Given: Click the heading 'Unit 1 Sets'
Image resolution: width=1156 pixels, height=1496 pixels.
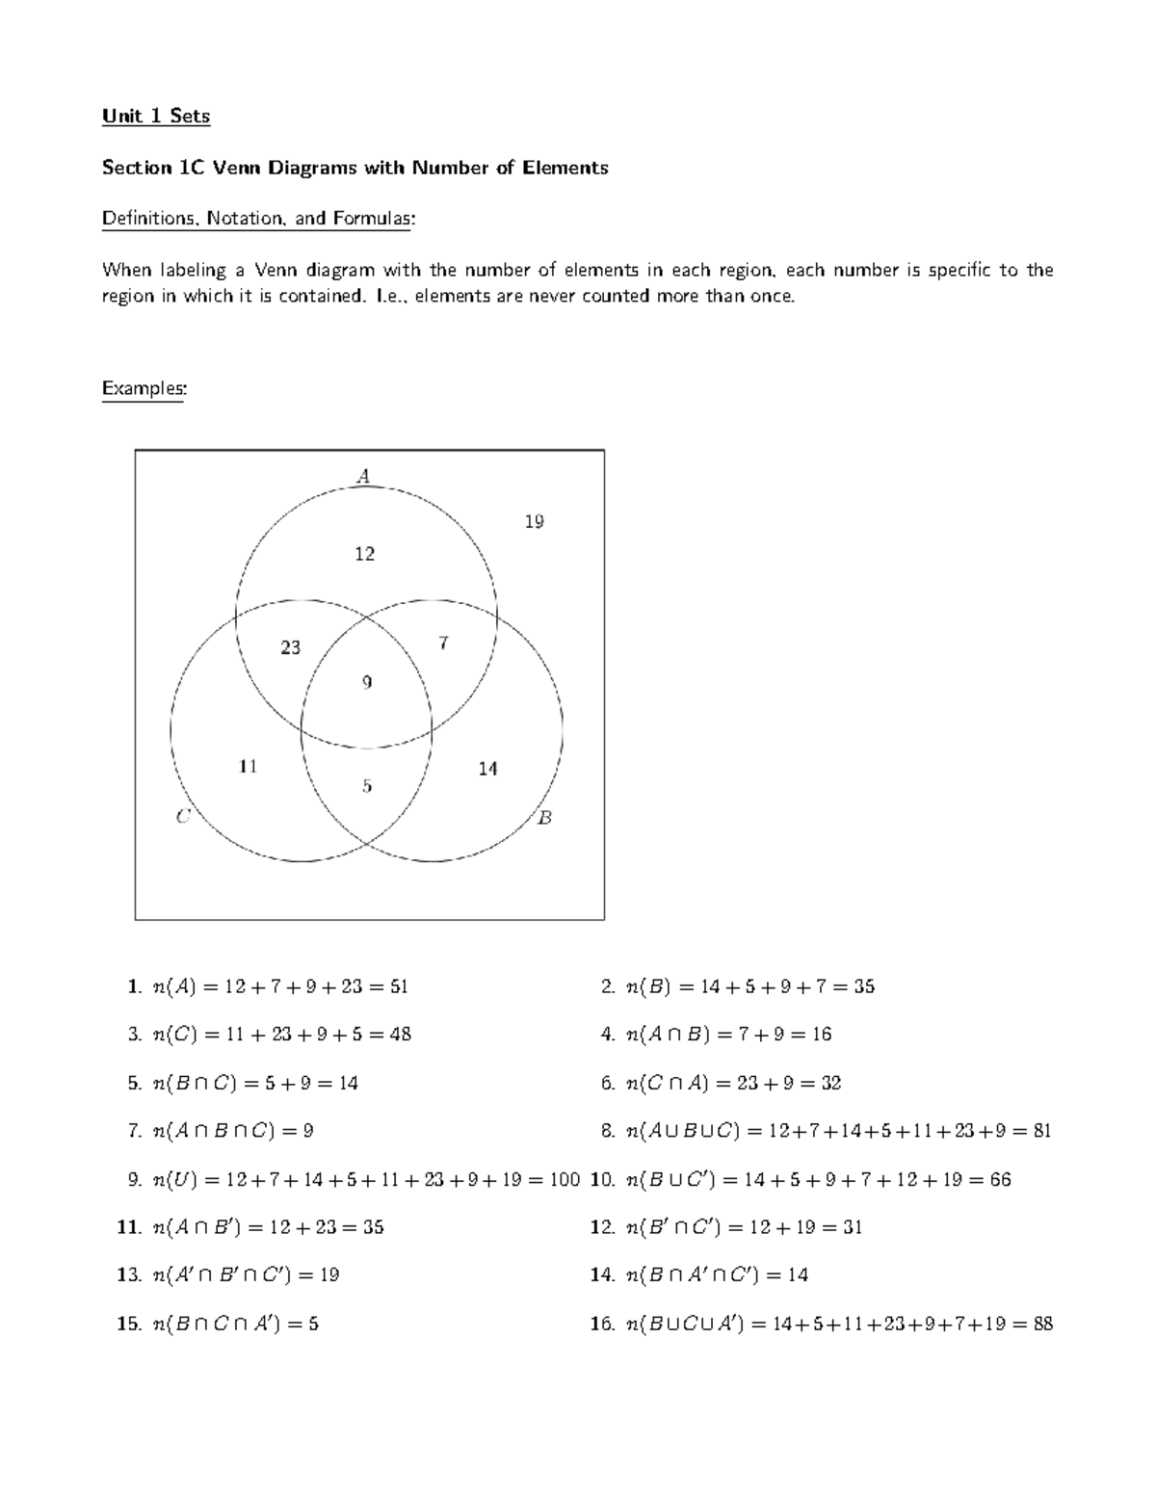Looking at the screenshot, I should (x=156, y=117).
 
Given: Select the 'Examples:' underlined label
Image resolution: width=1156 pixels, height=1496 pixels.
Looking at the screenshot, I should (x=144, y=388).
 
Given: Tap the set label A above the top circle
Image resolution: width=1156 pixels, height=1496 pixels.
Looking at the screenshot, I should (x=363, y=475).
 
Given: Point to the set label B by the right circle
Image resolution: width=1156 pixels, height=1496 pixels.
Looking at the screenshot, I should (x=544, y=818).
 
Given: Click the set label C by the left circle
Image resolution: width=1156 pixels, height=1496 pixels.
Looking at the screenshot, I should (x=183, y=817).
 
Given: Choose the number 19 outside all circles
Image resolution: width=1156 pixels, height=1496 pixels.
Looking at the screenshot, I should (x=534, y=522).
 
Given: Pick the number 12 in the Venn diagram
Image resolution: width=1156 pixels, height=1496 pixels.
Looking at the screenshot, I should (x=364, y=554).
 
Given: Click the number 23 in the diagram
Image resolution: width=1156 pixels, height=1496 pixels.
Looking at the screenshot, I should (x=290, y=648).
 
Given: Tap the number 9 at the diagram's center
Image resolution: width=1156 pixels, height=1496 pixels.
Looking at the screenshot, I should (x=366, y=683).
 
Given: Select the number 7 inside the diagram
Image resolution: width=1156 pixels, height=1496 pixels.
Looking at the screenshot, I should (x=443, y=643).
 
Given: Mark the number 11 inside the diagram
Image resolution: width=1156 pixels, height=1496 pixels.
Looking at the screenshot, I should (x=248, y=767).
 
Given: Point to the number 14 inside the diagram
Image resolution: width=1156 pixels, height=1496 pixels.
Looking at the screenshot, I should (x=487, y=769).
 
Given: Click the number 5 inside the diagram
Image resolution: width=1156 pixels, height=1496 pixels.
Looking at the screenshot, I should (x=366, y=786).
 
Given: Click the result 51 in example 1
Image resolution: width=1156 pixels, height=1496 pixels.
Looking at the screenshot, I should (x=399, y=986).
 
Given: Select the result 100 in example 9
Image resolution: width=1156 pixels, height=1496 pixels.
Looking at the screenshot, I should (x=565, y=1179).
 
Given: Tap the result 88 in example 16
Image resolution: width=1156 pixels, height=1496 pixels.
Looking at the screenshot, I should (x=1042, y=1324).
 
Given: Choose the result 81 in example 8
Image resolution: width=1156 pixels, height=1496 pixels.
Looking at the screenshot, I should (x=1041, y=1131).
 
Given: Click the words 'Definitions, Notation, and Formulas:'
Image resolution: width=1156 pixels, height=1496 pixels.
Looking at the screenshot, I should (x=258, y=219).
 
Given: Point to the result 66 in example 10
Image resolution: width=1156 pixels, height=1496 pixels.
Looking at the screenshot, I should (x=1000, y=1179).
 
